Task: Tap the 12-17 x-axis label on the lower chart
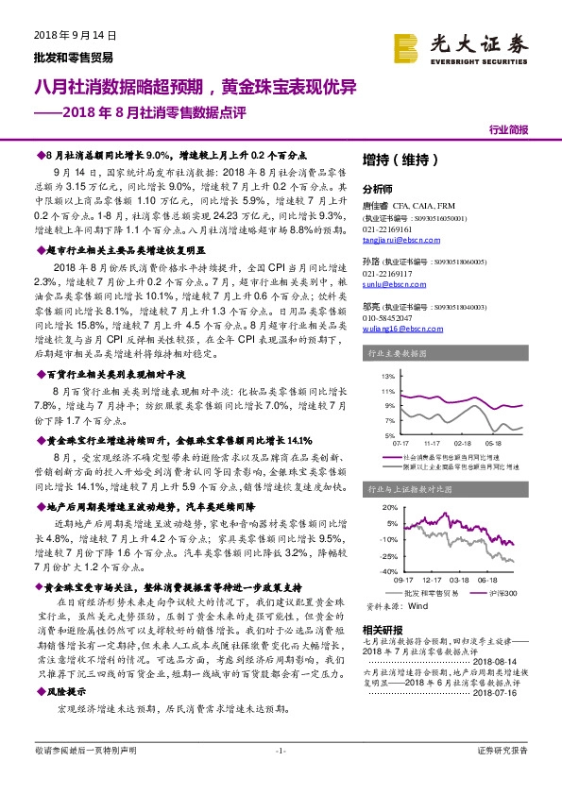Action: (434, 580)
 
